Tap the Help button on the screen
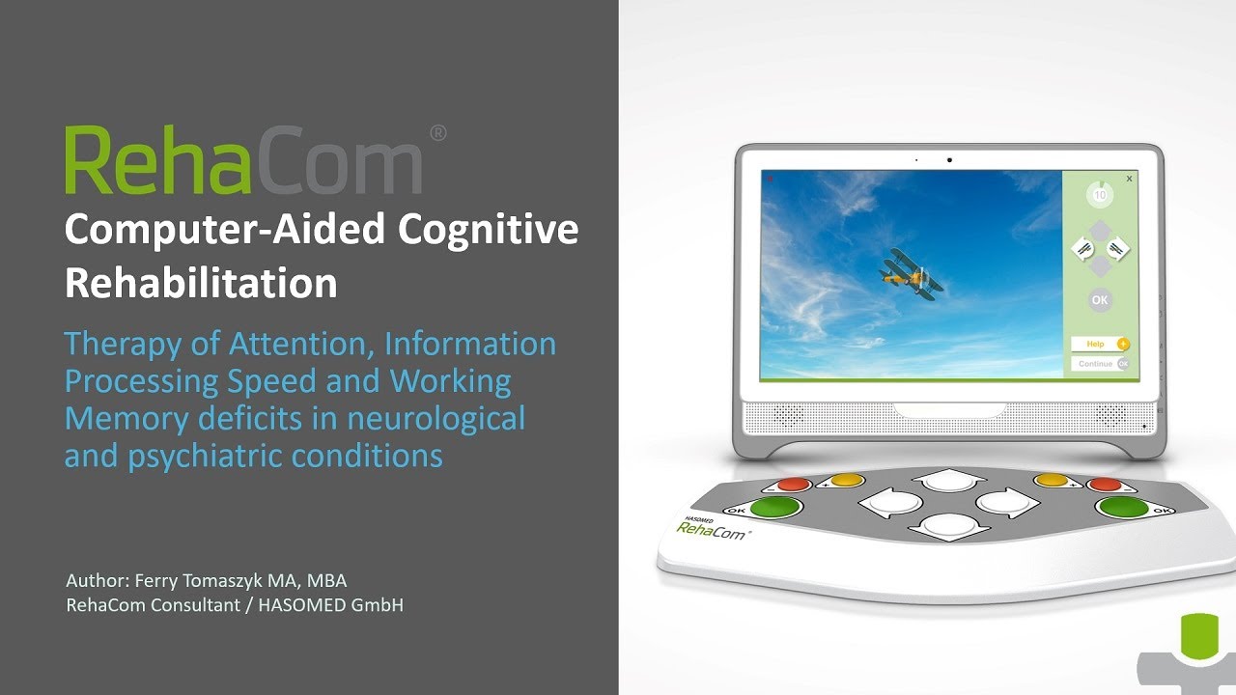1100,344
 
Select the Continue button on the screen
1100,364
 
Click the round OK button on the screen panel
1100,300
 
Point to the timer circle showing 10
1099,194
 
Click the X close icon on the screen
1129,179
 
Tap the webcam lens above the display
949,159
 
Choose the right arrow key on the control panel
1004,502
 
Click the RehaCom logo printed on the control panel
713,529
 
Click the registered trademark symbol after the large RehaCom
436,134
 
